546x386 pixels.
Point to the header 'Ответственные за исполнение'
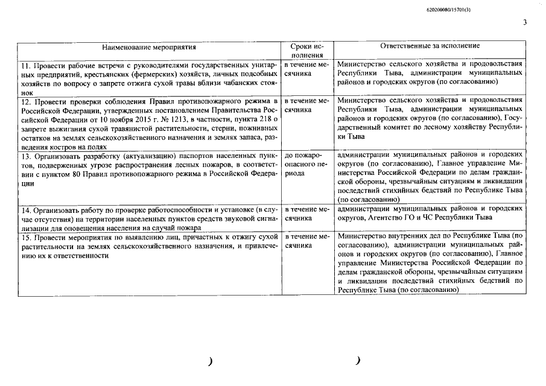[x=430, y=46]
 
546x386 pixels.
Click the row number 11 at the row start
[x=25, y=65]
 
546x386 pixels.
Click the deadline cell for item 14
[x=306, y=214]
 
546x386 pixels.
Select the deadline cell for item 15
[x=306, y=242]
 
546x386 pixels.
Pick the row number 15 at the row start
[x=25, y=238]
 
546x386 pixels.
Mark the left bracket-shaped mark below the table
[x=210, y=361]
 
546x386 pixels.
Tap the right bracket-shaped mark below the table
[x=358, y=361]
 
